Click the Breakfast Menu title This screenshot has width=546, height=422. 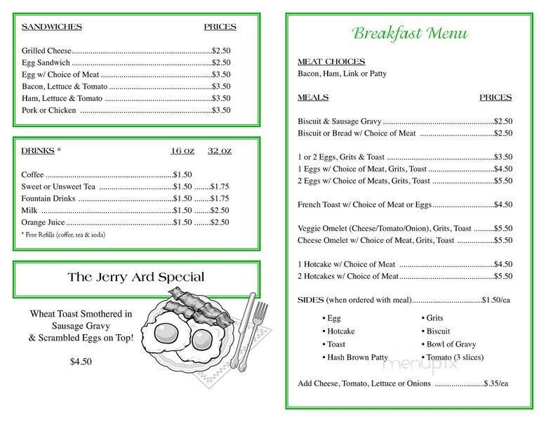coord(411,33)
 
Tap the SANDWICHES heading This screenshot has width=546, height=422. coord(52,27)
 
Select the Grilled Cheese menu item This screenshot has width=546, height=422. coord(46,51)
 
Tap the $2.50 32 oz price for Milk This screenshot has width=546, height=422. coord(221,210)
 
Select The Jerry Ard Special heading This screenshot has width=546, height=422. coord(136,277)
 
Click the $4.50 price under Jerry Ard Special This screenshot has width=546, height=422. coord(81,362)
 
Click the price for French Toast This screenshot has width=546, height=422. coord(502,204)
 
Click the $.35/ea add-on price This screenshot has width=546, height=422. coord(498,384)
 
